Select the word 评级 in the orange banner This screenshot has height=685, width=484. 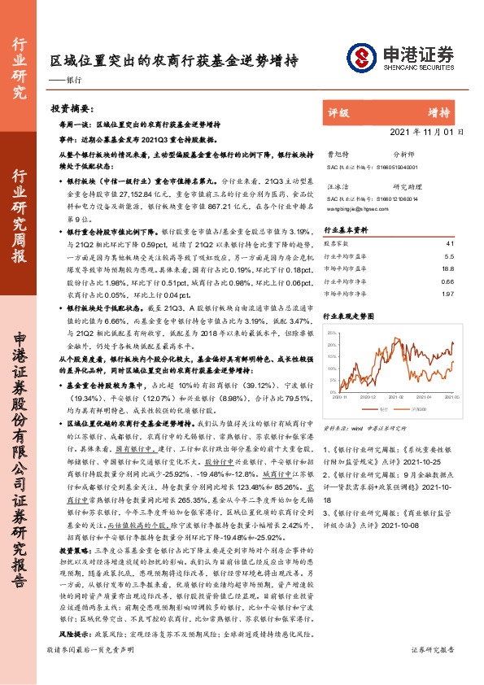[x=338, y=112]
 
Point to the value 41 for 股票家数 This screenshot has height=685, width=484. [x=450, y=243]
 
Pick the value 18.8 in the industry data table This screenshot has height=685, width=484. [x=448, y=268]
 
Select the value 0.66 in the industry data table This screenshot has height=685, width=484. [x=447, y=281]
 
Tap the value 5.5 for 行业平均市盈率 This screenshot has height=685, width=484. [x=449, y=255]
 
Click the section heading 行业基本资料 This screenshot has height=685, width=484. [x=347, y=230]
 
